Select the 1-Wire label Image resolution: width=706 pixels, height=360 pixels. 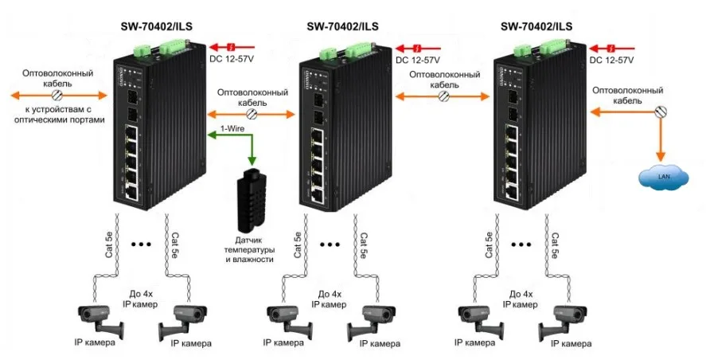231,128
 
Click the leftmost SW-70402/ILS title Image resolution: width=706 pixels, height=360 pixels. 157,26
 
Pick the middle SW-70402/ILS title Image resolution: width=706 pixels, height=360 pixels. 342,26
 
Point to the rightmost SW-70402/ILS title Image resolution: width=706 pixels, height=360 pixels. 536,26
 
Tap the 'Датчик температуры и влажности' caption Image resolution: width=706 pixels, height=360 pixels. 249,248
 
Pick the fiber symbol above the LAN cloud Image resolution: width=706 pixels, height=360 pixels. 659,112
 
